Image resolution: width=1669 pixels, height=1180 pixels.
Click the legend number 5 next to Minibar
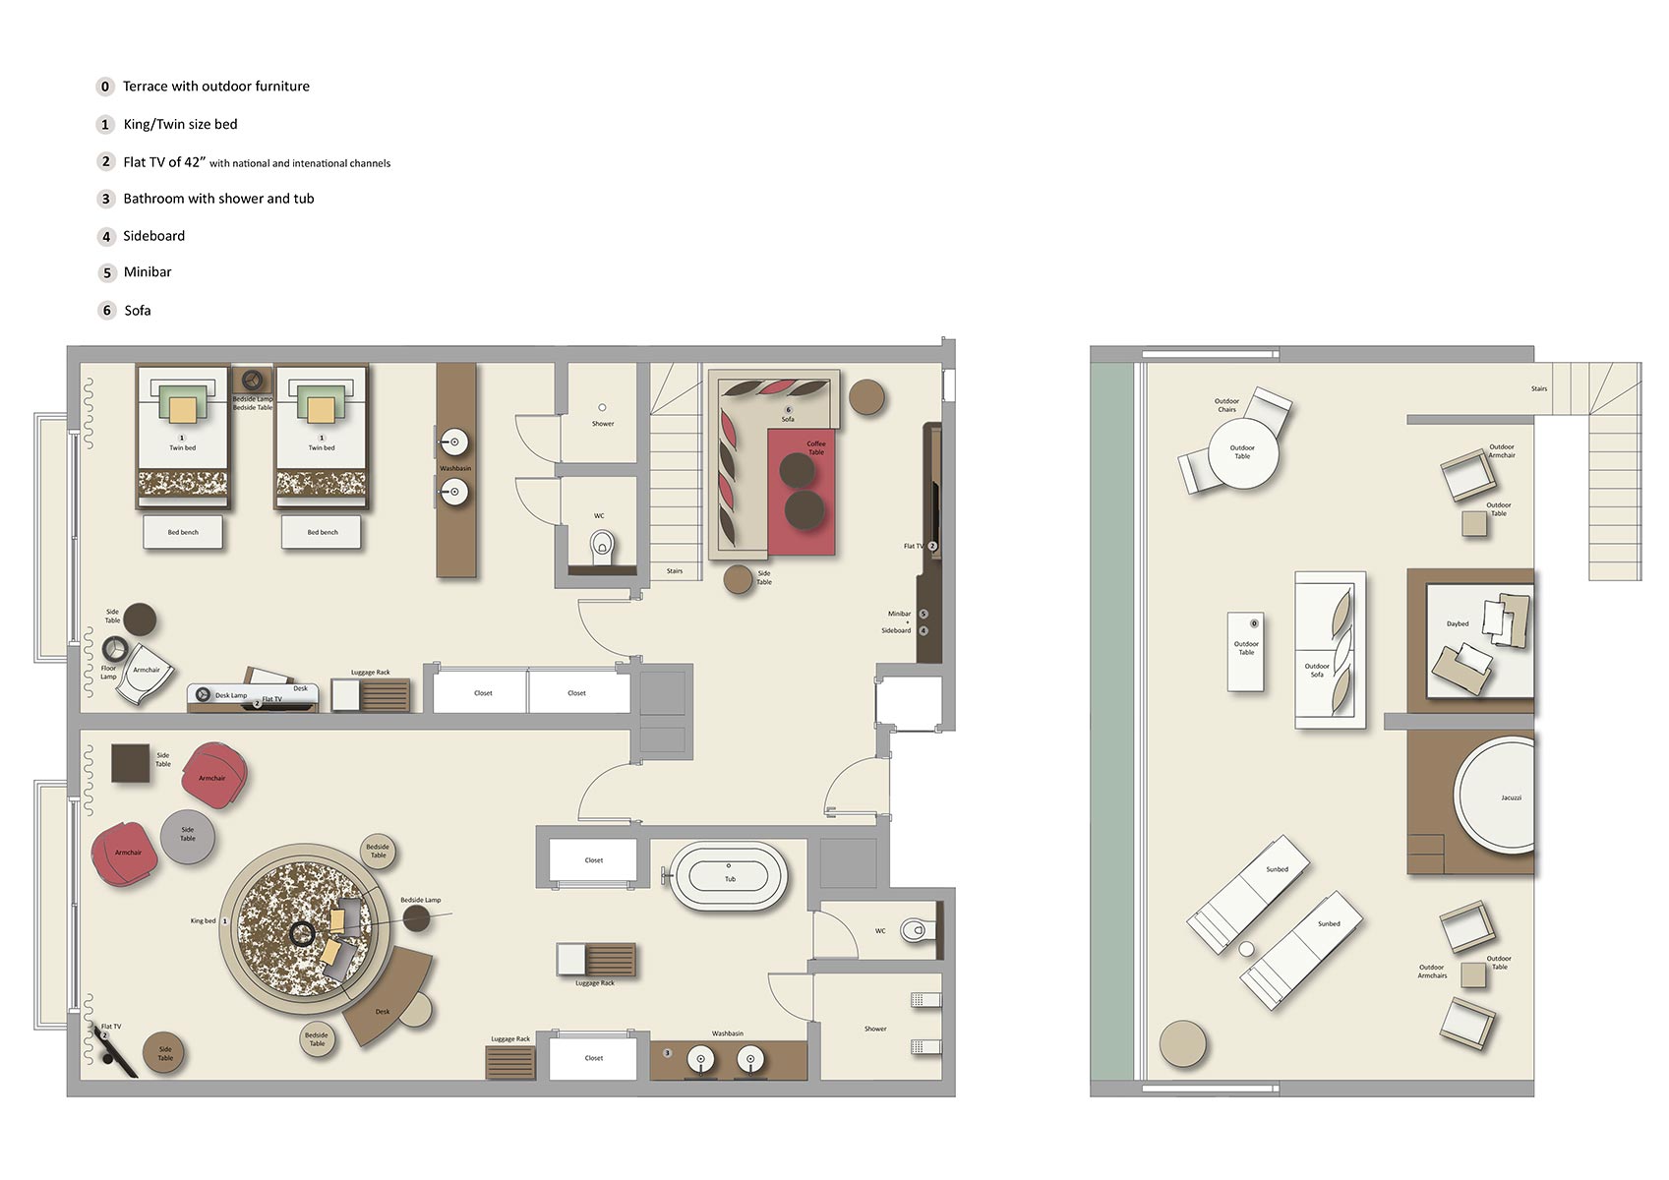pos(107,272)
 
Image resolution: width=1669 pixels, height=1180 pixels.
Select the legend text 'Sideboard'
pos(153,236)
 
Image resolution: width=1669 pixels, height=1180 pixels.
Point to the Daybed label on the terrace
pos(1457,623)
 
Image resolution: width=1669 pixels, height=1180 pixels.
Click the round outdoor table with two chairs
pos(1242,453)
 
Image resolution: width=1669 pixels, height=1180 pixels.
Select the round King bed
pos(300,929)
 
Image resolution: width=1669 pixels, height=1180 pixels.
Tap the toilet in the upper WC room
pos(602,545)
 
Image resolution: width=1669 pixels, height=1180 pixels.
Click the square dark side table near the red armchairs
pos(130,763)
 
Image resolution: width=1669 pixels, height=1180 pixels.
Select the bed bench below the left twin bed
pos(183,532)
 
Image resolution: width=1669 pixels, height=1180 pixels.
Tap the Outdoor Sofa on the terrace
pos(1329,649)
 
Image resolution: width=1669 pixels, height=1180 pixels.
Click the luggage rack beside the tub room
pos(596,959)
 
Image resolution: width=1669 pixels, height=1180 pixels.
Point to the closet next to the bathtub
pos(593,860)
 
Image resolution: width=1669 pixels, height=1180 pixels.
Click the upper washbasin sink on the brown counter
pos(454,442)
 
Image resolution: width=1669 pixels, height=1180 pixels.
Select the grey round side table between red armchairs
pos(187,836)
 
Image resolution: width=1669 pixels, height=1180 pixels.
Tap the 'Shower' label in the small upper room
pos(603,424)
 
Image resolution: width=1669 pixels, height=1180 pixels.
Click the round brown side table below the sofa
pos(738,579)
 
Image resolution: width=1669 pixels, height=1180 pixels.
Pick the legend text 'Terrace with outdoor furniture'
pos(215,87)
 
